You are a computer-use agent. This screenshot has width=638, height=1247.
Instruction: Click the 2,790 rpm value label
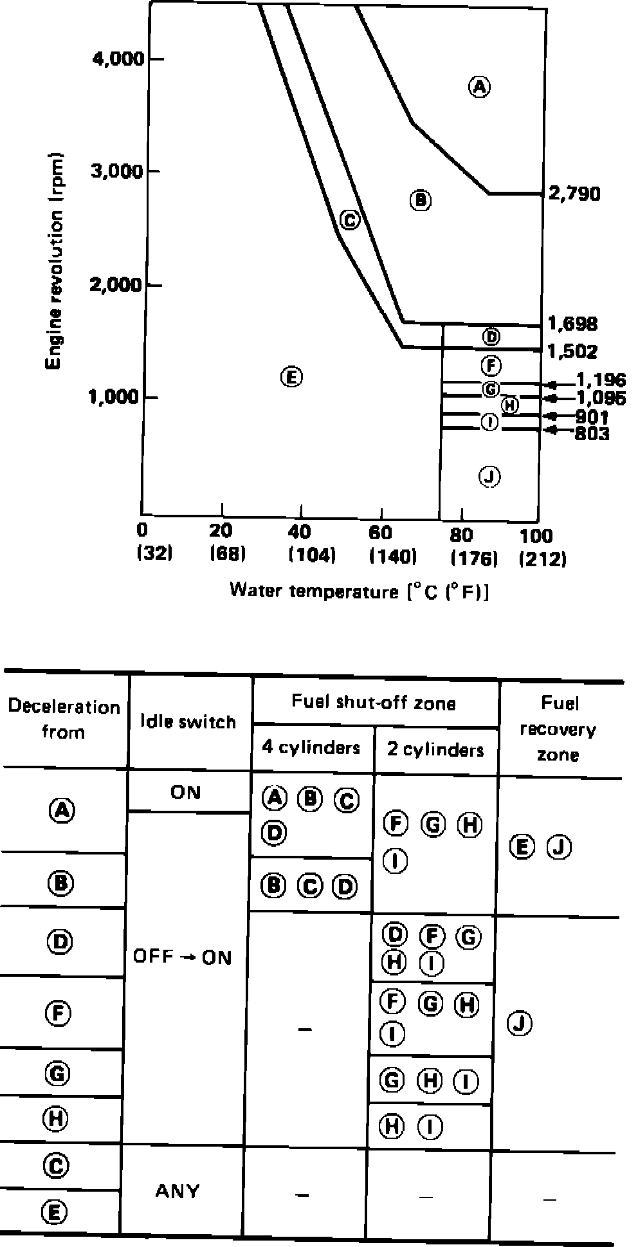point(574,194)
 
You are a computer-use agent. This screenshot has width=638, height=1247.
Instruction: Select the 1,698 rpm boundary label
point(572,323)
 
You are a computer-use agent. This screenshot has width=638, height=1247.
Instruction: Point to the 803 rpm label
point(592,434)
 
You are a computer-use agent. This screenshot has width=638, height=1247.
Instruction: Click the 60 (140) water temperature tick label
point(392,544)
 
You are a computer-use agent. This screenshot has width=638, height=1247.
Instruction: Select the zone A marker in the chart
point(479,86)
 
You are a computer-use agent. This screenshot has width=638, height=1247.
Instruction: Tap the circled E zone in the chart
point(291,377)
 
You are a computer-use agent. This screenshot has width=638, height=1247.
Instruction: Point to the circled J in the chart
point(490,476)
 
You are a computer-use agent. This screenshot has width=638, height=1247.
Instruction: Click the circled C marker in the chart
point(349,219)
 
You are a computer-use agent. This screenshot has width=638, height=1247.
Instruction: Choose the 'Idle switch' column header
point(188,722)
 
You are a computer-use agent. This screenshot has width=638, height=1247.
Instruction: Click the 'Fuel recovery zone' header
point(558,729)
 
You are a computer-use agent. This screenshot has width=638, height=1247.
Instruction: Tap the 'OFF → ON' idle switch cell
point(181,957)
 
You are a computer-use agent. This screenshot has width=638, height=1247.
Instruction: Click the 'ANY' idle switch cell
point(177,1190)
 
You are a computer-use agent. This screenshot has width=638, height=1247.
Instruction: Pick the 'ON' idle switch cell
point(185,792)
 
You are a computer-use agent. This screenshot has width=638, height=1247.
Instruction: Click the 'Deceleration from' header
point(63,719)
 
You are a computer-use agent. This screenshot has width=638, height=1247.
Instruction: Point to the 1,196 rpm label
point(600,380)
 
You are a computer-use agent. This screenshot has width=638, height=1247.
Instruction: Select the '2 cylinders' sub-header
point(435,749)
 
